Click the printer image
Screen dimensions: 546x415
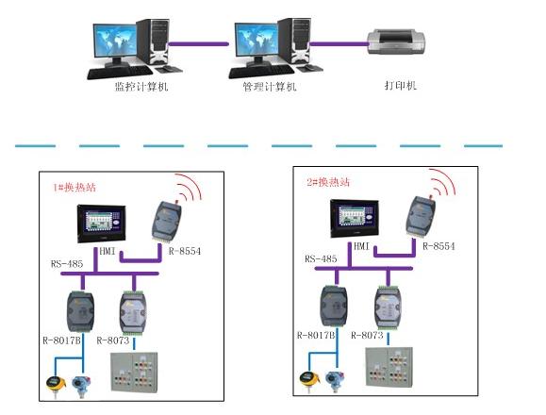coord(396,41)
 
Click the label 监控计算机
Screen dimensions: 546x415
coord(141,86)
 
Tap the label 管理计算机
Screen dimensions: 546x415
coord(270,87)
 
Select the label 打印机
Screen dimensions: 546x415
coord(401,85)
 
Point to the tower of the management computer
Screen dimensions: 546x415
coord(294,41)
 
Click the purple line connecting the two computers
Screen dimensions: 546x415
coord(198,44)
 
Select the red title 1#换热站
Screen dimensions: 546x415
coord(74,188)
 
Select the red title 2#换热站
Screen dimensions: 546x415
coord(328,182)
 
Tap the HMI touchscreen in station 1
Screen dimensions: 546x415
coord(101,224)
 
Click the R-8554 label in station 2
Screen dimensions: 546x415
coord(438,246)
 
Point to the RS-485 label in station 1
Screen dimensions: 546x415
coord(67,264)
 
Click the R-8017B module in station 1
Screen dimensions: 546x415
coord(80,311)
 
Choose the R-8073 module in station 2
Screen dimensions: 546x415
coord(388,307)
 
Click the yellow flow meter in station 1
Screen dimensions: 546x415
coord(56,385)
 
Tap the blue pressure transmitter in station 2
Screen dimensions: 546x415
coord(336,380)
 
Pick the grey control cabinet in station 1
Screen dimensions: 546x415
coord(134,373)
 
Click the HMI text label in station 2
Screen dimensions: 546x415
coord(361,246)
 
